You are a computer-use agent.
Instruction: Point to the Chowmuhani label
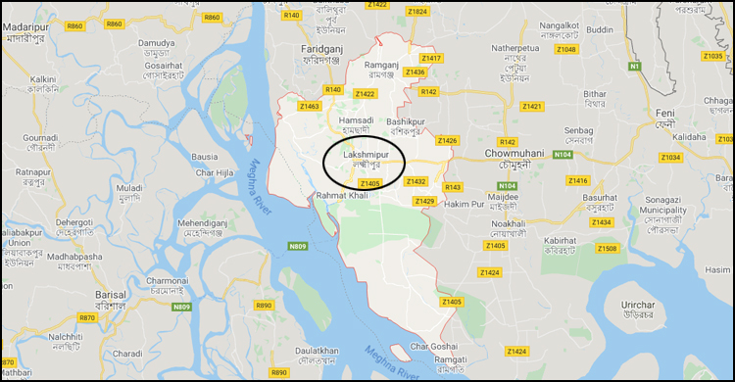pos(514,154)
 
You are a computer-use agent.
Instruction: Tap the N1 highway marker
pos(634,66)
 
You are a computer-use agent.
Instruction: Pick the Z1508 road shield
pos(608,249)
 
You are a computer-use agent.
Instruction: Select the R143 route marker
pos(453,186)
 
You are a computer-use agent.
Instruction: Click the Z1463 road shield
pos(310,106)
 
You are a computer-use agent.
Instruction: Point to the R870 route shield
pos(87,317)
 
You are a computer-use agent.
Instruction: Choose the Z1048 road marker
pos(566,49)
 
